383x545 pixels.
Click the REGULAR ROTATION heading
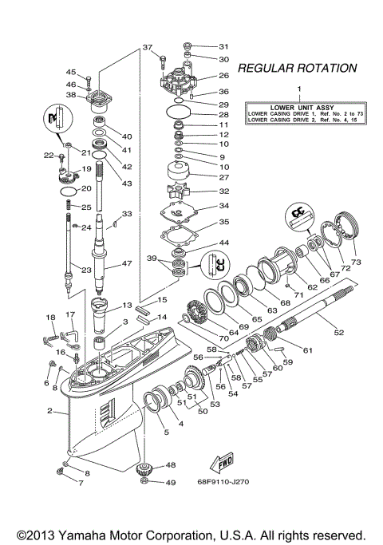(297, 68)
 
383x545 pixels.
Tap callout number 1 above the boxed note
(300, 89)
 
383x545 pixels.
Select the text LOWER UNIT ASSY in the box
(300, 107)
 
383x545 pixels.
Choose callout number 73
(356, 262)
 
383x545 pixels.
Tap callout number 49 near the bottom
(170, 482)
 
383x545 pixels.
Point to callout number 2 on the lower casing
(49, 412)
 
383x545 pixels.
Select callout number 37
(148, 48)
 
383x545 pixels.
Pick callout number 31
(223, 45)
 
